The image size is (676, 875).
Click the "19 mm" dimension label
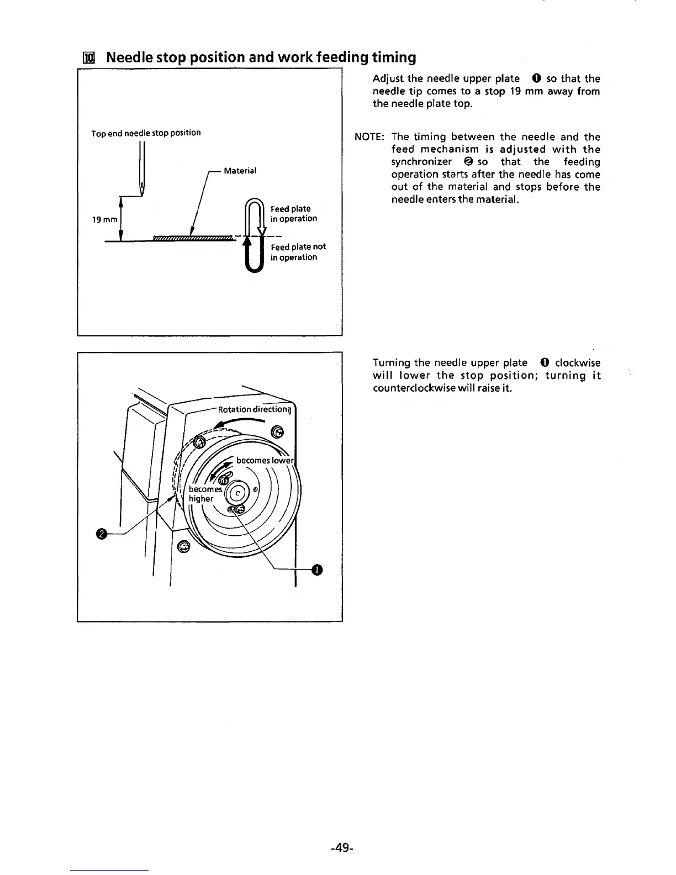click(104, 219)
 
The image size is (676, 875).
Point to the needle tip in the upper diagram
click(142, 194)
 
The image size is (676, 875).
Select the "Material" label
click(240, 171)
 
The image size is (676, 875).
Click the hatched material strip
click(191, 238)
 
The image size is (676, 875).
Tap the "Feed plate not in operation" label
click(298, 252)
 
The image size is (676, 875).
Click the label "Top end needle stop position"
click(146, 133)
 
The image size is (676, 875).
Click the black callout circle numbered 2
click(101, 534)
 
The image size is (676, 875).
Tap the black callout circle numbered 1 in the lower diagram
click(316, 570)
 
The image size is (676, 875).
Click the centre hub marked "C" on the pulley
click(238, 493)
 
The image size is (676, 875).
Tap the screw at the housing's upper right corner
click(278, 431)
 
